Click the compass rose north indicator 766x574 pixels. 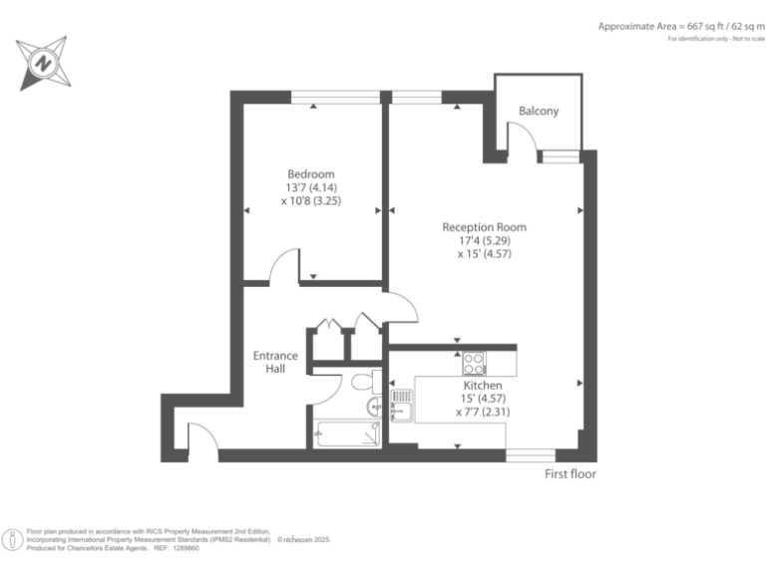click(x=43, y=62)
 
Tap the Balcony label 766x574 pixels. click(x=539, y=112)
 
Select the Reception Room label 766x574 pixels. click(x=484, y=227)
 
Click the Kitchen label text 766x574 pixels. click(x=483, y=385)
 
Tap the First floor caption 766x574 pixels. click(x=570, y=474)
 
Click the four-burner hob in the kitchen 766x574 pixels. click(x=473, y=362)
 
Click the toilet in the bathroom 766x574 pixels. click(x=362, y=382)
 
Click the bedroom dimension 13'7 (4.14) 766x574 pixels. click(x=311, y=186)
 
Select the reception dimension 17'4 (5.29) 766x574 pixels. click(x=484, y=240)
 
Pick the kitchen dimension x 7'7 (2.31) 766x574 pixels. click(x=483, y=411)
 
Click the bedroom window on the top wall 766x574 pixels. click(x=335, y=97)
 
